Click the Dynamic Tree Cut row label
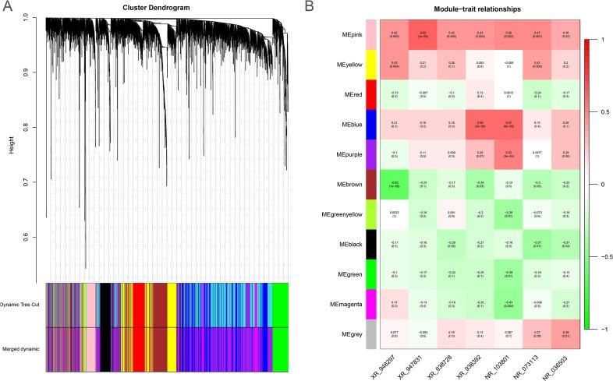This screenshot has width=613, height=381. [21, 304]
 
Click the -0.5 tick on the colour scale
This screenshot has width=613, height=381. [601, 256]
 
